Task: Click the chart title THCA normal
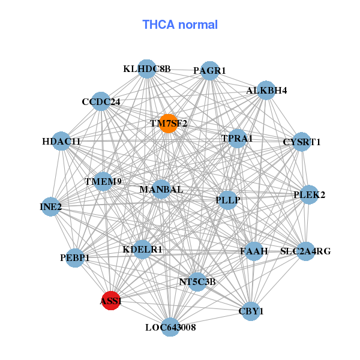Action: coord(180,25)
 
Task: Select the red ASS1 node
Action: coord(111,301)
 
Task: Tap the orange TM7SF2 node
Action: coord(169,124)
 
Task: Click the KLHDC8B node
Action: coord(147,69)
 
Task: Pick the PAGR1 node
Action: coord(209,71)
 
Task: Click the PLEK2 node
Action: coord(308,194)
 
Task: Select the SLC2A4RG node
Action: coord(305,251)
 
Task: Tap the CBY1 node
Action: coord(251,311)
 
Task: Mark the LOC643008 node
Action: coord(170,327)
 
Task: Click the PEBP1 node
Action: coord(75,257)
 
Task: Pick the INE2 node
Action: coord(50,207)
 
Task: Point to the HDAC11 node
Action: coord(62,142)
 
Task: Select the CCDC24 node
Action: coord(101,102)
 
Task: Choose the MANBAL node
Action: coord(161,190)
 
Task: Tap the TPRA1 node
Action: coord(238,139)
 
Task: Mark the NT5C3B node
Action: coord(197,281)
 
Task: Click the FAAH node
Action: coord(254,251)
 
